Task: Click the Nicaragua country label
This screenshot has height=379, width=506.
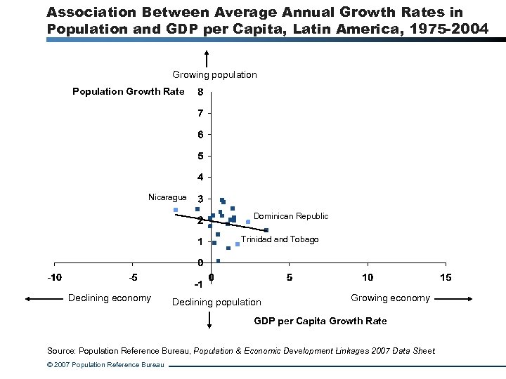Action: click(x=167, y=197)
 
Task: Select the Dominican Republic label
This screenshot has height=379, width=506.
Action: click(x=290, y=216)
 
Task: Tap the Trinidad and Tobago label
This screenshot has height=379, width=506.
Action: click(x=279, y=239)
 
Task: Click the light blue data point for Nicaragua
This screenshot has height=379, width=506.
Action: click(x=176, y=210)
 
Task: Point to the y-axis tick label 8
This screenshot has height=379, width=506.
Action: click(x=201, y=92)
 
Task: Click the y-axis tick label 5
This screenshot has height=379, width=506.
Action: click(x=201, y=156)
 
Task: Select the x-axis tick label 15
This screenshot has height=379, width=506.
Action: click(x=446, y=277)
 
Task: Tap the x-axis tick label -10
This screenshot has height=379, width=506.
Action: click(x=54, y=277)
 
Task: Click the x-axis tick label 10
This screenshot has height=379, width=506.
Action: click(x=368, y=277)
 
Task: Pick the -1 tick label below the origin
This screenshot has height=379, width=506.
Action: click(x=198, y=285)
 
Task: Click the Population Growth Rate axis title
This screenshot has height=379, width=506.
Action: click(x=129, y=91)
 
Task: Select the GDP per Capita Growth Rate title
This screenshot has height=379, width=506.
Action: click(x=320, y=321)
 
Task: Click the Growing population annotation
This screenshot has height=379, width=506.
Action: click(x=214, y=74)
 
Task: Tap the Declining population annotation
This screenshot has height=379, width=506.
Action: click(x=216, y=302)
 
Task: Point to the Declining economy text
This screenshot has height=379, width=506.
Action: click(x=109, y=298)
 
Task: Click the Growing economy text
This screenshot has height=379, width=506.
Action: click(x=390, y=298)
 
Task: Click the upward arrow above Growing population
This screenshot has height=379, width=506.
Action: click(x=207, y=60)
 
